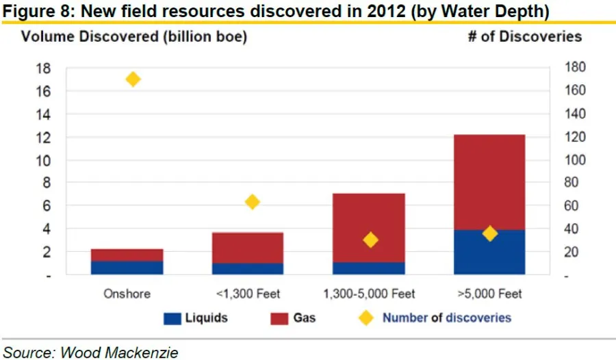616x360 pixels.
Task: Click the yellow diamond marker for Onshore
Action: click(x=133, y=79)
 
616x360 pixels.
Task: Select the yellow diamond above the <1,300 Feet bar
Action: click(x=252, y=202)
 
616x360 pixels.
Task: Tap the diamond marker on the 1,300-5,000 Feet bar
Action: click(x=370, y=240)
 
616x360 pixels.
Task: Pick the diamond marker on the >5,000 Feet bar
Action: click(x=489, y=233)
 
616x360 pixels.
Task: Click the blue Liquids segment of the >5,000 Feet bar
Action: click(x=489, y=253)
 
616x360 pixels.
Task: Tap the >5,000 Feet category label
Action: click(x=489, y=294)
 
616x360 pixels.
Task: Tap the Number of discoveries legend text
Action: click(x=446, y=318)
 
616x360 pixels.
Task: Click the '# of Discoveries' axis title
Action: click(x=525, y=37)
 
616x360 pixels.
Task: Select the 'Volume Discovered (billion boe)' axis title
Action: click(x=133, y=37)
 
